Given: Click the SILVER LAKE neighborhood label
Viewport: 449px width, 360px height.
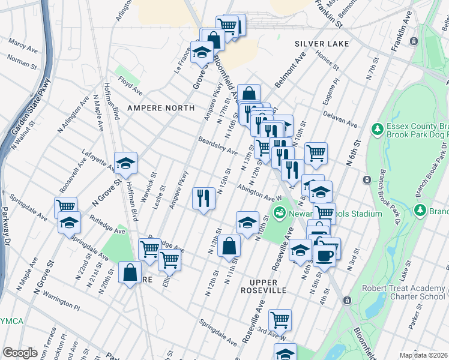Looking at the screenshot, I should [321, 44].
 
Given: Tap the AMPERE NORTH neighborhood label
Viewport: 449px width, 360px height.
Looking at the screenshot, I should [160, 107].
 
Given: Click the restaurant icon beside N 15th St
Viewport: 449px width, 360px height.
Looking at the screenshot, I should [203, 197].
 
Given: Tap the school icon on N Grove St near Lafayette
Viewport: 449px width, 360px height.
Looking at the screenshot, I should [125, 163].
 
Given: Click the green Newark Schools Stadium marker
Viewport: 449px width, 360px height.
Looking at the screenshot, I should [279, 212].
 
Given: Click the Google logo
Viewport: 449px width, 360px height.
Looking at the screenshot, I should [20, 353].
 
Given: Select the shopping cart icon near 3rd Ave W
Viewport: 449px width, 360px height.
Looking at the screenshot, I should [280, 319].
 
